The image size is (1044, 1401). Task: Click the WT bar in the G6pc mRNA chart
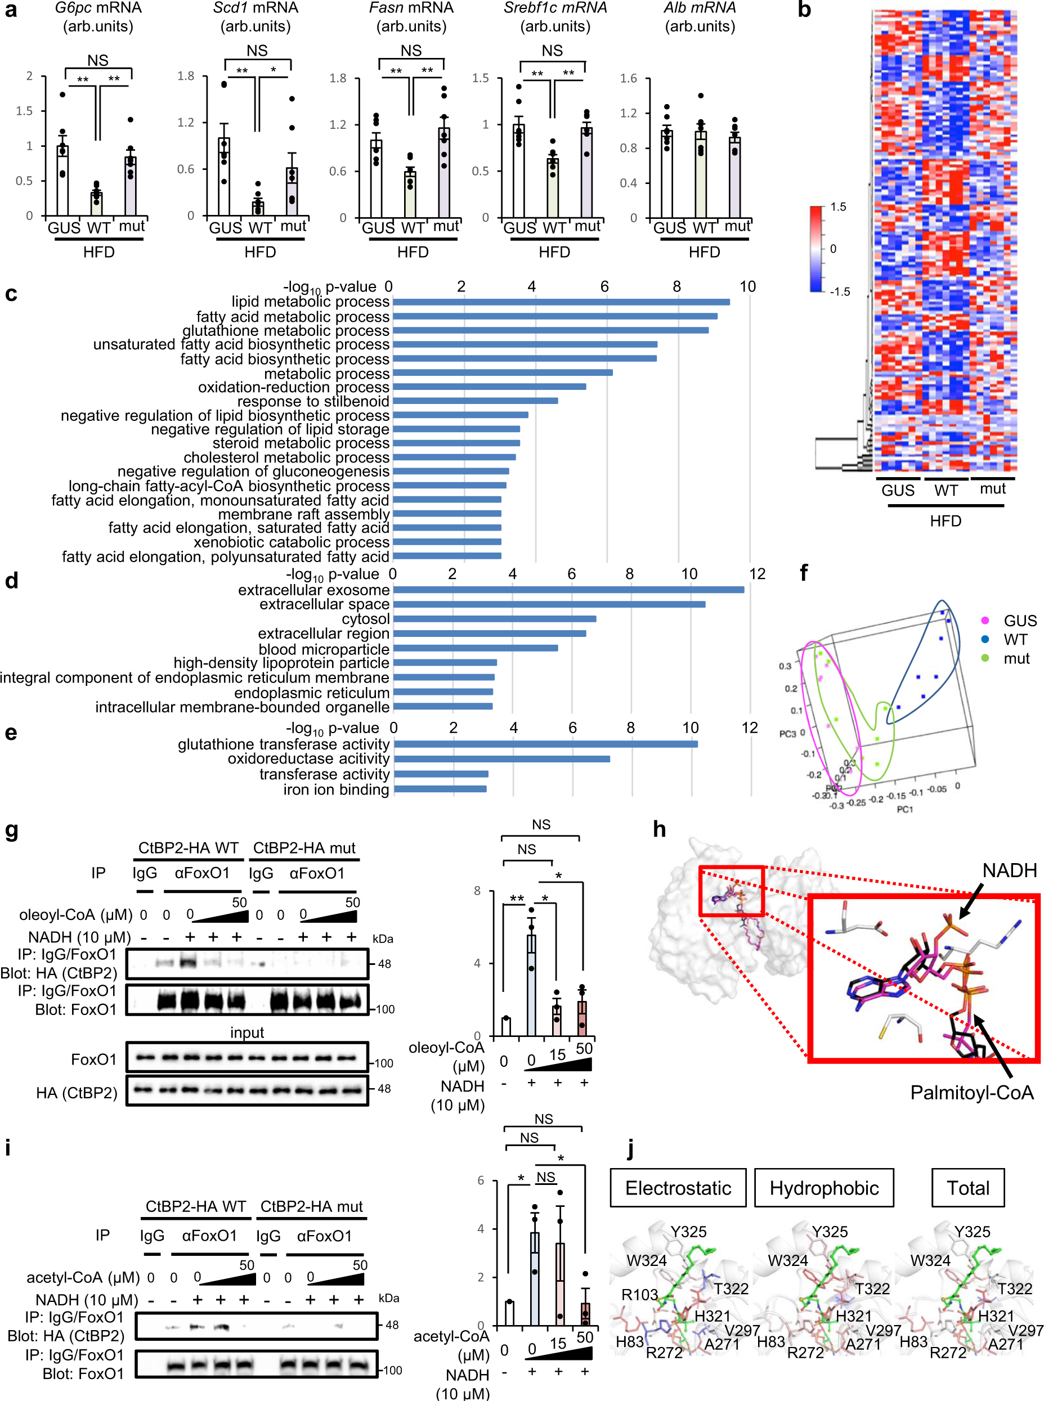[96, 203]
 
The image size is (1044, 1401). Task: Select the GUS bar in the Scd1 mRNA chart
[224, 177]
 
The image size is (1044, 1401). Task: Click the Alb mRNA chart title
[700, 8]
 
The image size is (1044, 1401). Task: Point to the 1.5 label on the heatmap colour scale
[838, 207]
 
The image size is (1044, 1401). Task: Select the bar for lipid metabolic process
[561, 302]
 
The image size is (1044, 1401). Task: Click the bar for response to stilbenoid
[475, 401]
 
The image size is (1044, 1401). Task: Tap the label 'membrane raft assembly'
[304, 514]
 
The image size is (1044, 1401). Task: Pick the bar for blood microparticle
[475, 648]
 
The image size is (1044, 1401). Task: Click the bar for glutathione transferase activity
[545, 744]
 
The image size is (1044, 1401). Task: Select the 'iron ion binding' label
[336, 789]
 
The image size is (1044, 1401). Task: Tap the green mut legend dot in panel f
[984, 658]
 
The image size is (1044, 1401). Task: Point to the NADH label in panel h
[1009, 870]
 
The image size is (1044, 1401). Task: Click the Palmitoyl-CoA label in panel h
[971, 1092]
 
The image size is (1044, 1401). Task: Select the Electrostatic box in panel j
[678, 1188]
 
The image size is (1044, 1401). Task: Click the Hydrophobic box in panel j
[823, 1188]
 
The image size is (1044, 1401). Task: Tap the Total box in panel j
[967, 1188]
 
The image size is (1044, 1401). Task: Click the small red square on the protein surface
[731, 891]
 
